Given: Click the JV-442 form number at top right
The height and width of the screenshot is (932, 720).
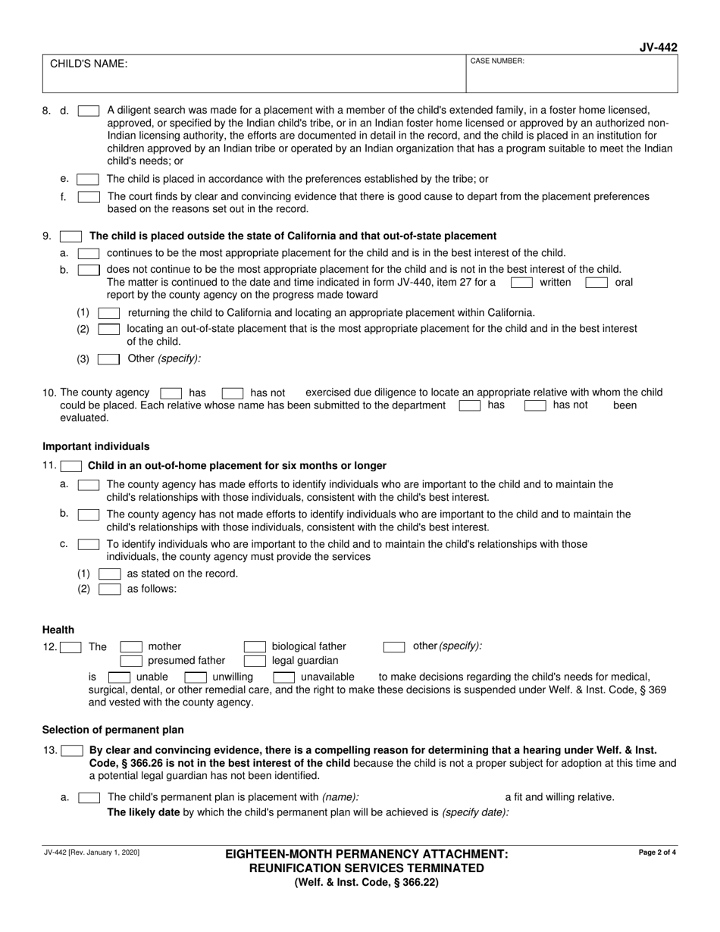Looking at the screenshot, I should (658, 48).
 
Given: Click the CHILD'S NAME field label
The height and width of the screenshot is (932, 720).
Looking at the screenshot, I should (89, 64).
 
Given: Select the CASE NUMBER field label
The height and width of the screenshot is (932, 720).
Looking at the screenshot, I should (497, 61).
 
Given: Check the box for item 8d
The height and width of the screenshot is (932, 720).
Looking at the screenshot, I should (89, 110).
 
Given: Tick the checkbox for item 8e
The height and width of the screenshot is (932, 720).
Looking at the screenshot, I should (89, 180).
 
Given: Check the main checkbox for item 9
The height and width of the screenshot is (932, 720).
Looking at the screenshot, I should (71, 236).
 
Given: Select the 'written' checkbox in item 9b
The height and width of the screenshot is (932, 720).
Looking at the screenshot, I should (521, 283).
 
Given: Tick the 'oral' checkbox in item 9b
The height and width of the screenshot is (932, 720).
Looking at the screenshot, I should (596, 283).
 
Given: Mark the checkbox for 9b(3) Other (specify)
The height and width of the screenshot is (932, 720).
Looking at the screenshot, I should (109, 359).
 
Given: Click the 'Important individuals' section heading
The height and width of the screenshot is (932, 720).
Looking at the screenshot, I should (95, 446).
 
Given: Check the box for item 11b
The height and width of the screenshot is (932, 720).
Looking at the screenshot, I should (89, 514).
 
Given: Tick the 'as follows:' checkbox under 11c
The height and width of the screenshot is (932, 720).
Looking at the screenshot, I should (109, 589).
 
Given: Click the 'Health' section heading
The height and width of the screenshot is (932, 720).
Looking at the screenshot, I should (58, 630).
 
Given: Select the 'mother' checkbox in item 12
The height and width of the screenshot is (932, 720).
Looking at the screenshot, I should (132, 647).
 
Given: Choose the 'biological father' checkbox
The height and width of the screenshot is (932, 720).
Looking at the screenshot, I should (254, 647).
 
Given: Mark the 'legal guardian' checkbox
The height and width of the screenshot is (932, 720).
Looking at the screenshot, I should (254, 661).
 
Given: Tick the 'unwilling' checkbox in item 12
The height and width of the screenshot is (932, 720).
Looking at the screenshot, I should (196, 677).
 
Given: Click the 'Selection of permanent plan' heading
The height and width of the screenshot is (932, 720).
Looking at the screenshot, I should (113, 730).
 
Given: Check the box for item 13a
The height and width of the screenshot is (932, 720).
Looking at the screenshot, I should (89, 797).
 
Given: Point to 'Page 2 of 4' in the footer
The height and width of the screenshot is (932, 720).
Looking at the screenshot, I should (658, 852).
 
